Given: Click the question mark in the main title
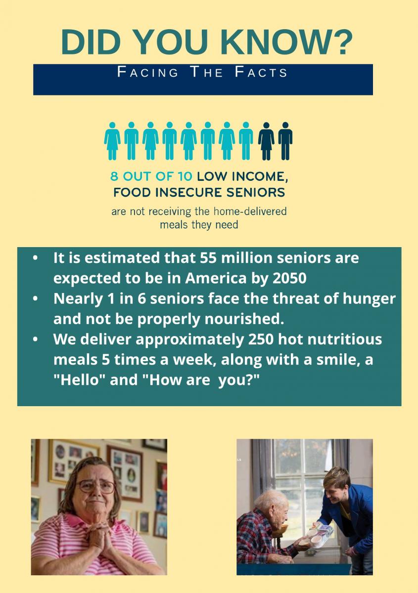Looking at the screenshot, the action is (339, 42).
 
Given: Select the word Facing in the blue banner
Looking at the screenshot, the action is (147, 72).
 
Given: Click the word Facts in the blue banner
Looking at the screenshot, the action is (261, 72).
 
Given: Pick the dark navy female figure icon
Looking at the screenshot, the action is (266, 141).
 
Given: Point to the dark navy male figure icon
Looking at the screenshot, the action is (285, 141).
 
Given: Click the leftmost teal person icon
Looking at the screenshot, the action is (112, 141).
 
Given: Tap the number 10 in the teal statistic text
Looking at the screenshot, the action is (185, 176).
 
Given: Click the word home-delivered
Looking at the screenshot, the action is (250, 212).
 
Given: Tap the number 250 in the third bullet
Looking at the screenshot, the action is (261, 339).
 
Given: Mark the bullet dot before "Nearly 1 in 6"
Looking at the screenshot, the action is (35, 298).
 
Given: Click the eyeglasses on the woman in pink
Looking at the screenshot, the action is (95, 486).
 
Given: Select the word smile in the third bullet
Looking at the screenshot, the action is (338, 360).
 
